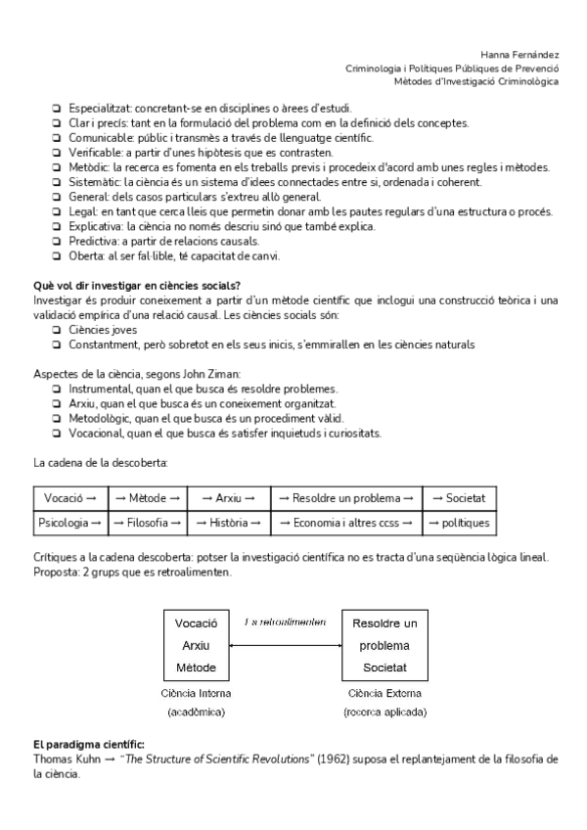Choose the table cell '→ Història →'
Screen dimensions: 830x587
tap(227, 524)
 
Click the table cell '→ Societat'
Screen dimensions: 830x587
tap(459, 498)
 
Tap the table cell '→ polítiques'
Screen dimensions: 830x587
tap(459, 524)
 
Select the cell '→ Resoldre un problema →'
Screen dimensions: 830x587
tap(346, 498)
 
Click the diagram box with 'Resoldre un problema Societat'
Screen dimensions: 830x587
tap(384, 646)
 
